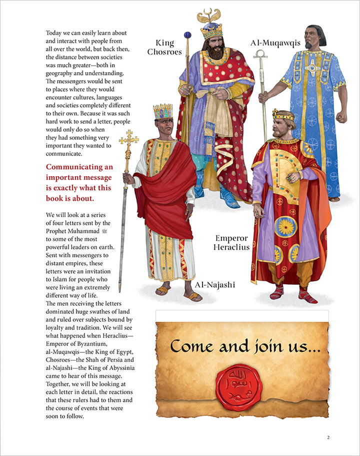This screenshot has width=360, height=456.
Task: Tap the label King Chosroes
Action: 168,47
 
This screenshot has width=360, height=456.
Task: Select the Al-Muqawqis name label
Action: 275,43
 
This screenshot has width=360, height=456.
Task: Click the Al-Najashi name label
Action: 213,285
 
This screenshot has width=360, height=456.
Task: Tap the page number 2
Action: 328,437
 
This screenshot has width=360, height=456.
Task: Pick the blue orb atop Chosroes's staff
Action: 187,35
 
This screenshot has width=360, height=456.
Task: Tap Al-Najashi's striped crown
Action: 162,111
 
